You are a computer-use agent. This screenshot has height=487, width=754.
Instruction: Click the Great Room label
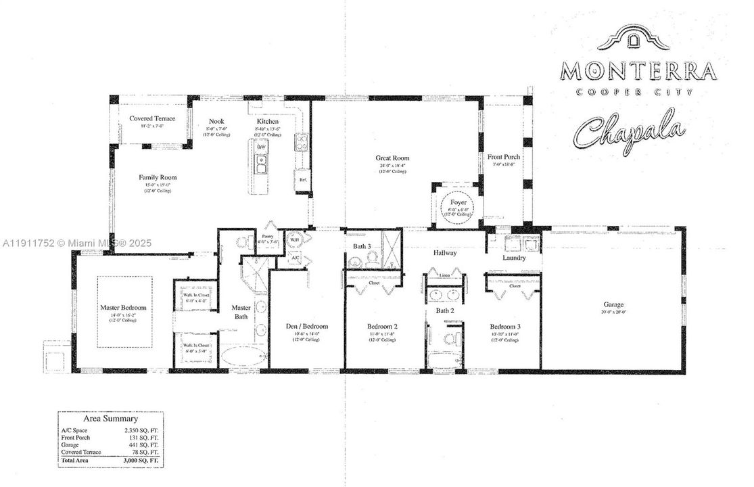[x=392, y=158]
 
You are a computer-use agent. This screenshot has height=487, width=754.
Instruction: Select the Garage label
[x=613, y=304]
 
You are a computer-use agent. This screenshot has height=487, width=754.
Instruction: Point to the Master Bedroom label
[x=123, y=307]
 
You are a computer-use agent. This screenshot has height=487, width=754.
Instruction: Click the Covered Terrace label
[x=152, y=118]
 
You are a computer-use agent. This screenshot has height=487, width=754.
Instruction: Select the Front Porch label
[x=504, y=157]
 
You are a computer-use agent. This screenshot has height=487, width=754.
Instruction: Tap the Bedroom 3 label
[x=504, y=326]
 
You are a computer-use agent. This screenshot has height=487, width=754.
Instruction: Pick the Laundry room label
[x=514, y=258]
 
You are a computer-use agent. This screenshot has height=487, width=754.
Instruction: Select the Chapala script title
[x=629, y=132]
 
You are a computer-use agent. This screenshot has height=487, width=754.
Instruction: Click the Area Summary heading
[x=110, y=419]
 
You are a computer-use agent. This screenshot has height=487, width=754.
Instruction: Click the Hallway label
[x=445, y=253]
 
